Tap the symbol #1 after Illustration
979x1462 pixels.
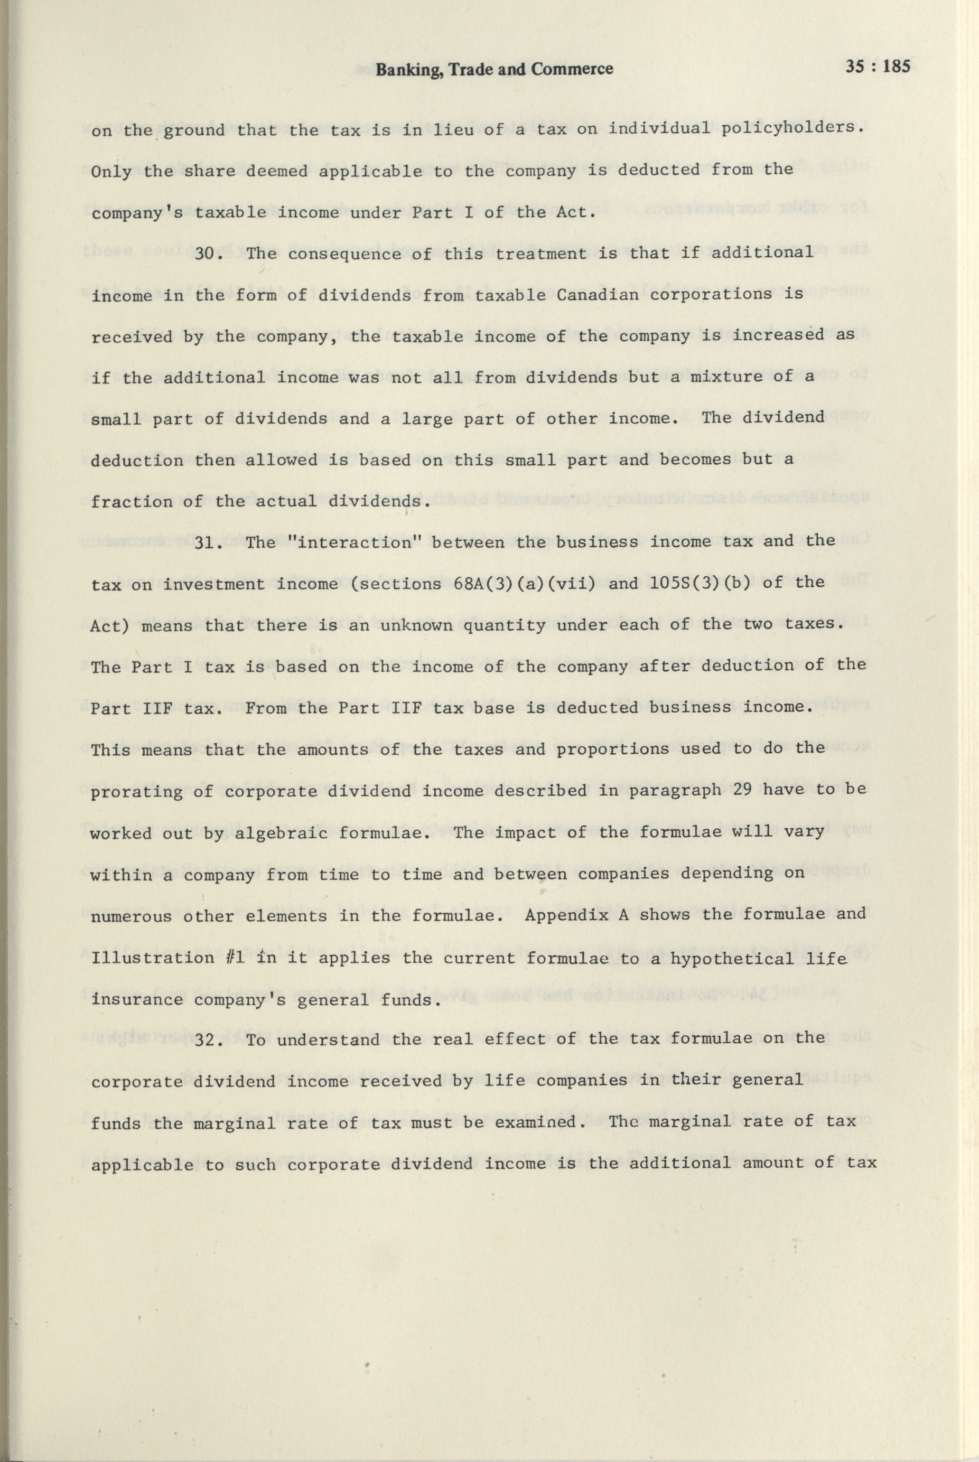coord(240,957)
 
